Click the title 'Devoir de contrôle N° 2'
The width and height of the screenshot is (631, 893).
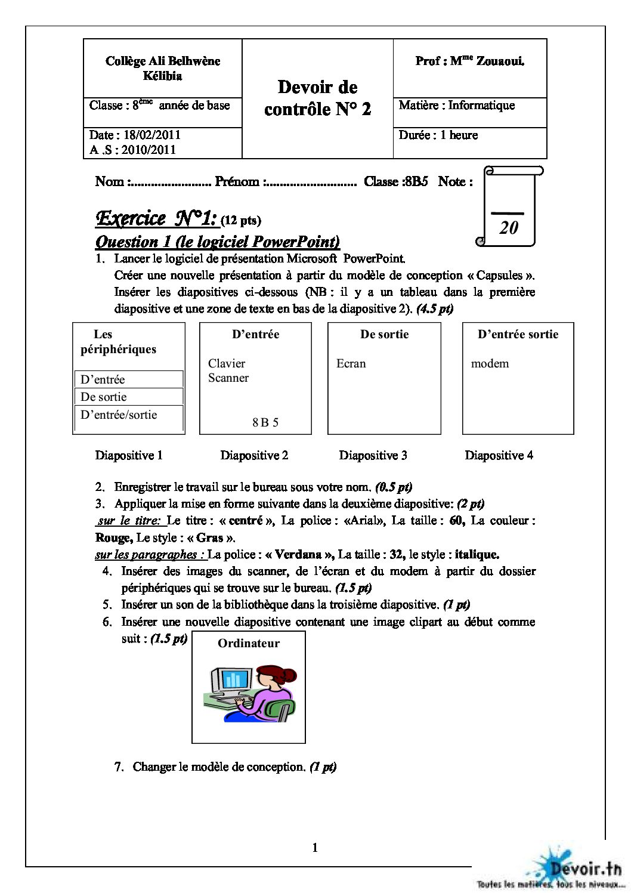(317, 98)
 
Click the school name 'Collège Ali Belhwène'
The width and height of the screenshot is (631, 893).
(163, 61)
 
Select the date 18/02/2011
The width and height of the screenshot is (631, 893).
(152, 135)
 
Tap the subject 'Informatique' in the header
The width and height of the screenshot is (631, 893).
(481, 106)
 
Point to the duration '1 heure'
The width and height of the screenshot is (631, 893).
(459, 135)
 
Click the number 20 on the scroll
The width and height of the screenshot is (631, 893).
(508, 227)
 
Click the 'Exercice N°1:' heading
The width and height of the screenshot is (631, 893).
(156, 218)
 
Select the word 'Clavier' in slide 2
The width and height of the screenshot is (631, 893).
(227, 363)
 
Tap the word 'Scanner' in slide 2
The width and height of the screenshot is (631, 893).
(228, 378)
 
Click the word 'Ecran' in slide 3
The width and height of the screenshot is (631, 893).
(351, 363)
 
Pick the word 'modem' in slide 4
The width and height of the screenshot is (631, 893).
(490, 363)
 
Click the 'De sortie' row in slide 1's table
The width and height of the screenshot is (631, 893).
(104, 397)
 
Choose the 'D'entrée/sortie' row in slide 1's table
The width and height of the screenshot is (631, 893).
(119, 415)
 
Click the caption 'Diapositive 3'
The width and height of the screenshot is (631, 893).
(373, 456)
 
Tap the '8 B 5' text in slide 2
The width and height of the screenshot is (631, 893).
(265, 422)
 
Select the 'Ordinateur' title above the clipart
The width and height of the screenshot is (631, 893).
(249, 643)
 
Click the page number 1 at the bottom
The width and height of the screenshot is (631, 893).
(315, 848)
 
